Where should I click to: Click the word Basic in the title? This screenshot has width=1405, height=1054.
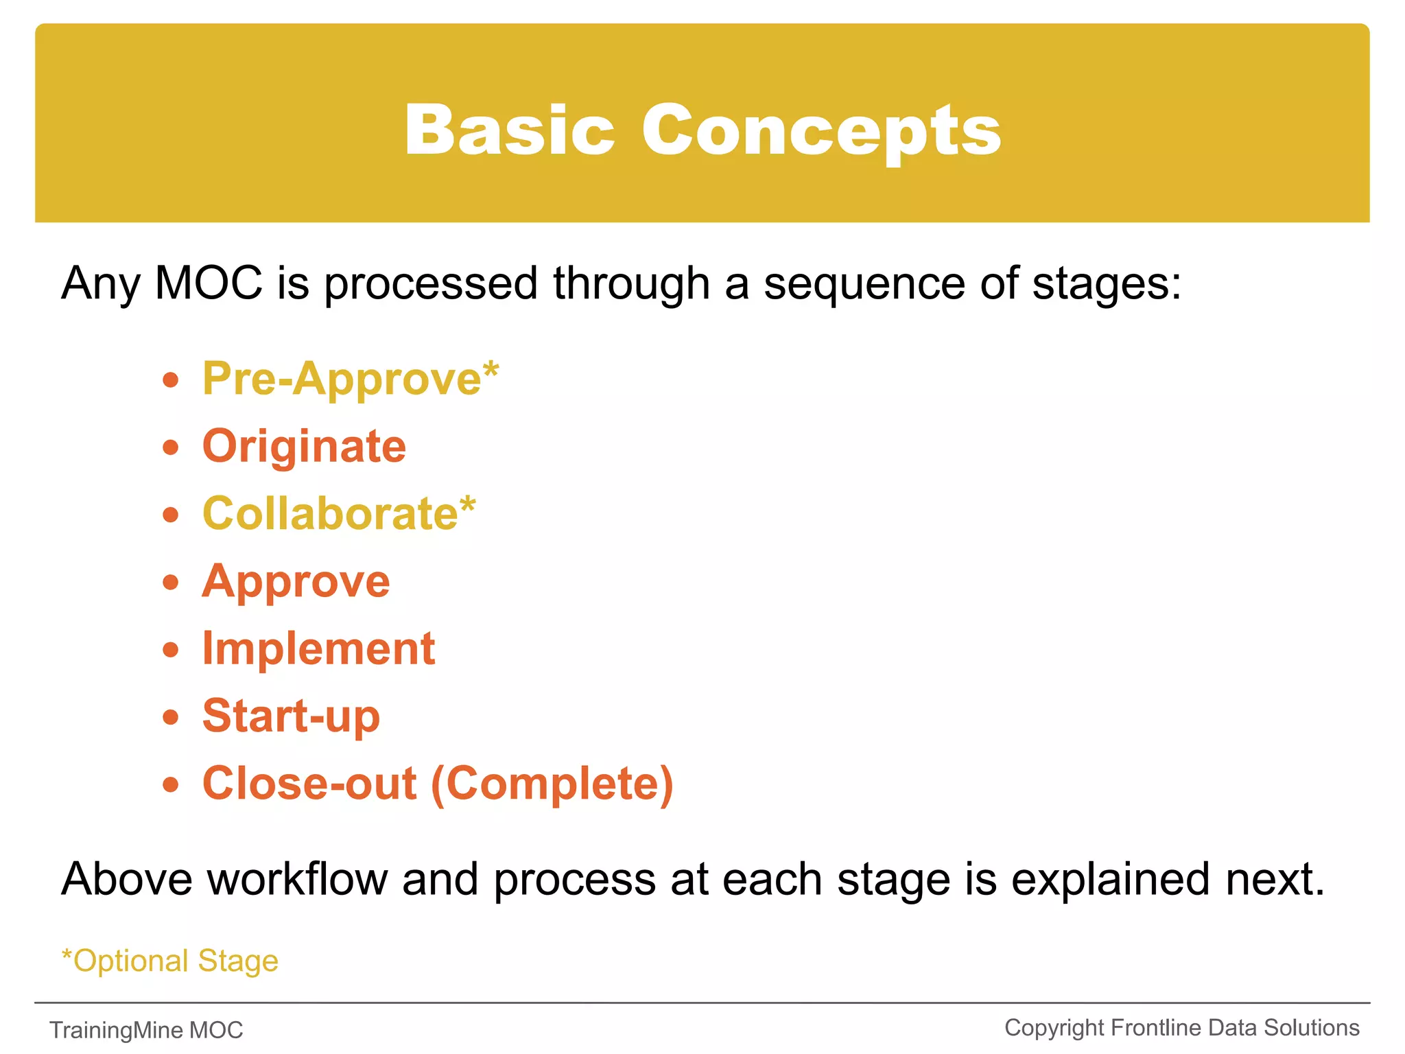[x=509, y=130]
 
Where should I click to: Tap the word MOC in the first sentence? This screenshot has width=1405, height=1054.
[x=209, y=283]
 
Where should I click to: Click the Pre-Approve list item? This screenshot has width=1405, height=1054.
[x=342, y=379]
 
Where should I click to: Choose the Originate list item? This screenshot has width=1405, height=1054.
[x=304, y=447]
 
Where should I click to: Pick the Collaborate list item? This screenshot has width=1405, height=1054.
[x=330, y=514]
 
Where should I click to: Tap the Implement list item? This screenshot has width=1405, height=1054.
[x=318, y=649]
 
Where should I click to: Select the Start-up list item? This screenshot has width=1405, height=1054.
[x=291, y=716]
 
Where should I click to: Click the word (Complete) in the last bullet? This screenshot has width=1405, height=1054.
[x=553, y=784]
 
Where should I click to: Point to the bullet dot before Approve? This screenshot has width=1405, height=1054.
[x=171, y=583]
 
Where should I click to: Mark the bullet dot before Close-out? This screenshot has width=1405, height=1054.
[x=171, y=784]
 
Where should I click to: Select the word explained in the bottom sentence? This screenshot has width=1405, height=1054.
[x=1110, y=879]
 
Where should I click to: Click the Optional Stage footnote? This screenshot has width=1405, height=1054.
[x=169, y=961]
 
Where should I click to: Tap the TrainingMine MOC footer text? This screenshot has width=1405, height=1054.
[x=146, y=1030]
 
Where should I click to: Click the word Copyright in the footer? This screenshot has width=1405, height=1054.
[x=1054, y=1028]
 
